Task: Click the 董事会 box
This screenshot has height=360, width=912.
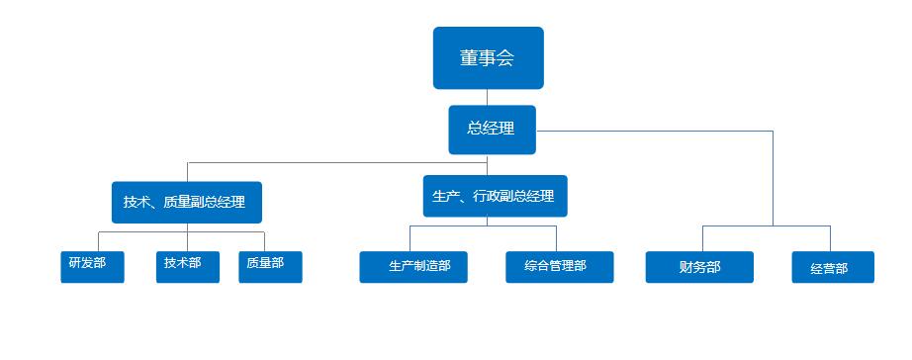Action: (x=488, y=57)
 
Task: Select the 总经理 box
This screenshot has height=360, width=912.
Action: (x=492, y=129)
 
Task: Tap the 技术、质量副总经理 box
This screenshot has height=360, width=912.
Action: (x=186, y=202)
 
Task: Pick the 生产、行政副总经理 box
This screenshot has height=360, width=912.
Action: (x=495, y=196)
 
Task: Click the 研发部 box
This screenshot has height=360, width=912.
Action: (x=92, y=266)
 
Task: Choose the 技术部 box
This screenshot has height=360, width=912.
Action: (x=187, y=266)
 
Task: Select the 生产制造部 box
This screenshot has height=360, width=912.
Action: (x=420, y=267)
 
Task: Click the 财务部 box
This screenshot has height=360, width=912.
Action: (x=699, y=267)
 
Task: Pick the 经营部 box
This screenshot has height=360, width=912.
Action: (x=833, y=267)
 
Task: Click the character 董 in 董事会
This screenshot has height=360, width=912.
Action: (x=469, y=58)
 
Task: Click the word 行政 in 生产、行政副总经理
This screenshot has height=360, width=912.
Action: (x=487, y=196)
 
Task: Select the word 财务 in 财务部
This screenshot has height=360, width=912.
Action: (x=692, y=267)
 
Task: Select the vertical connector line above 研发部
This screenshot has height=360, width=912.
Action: (x=98, y=242)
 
